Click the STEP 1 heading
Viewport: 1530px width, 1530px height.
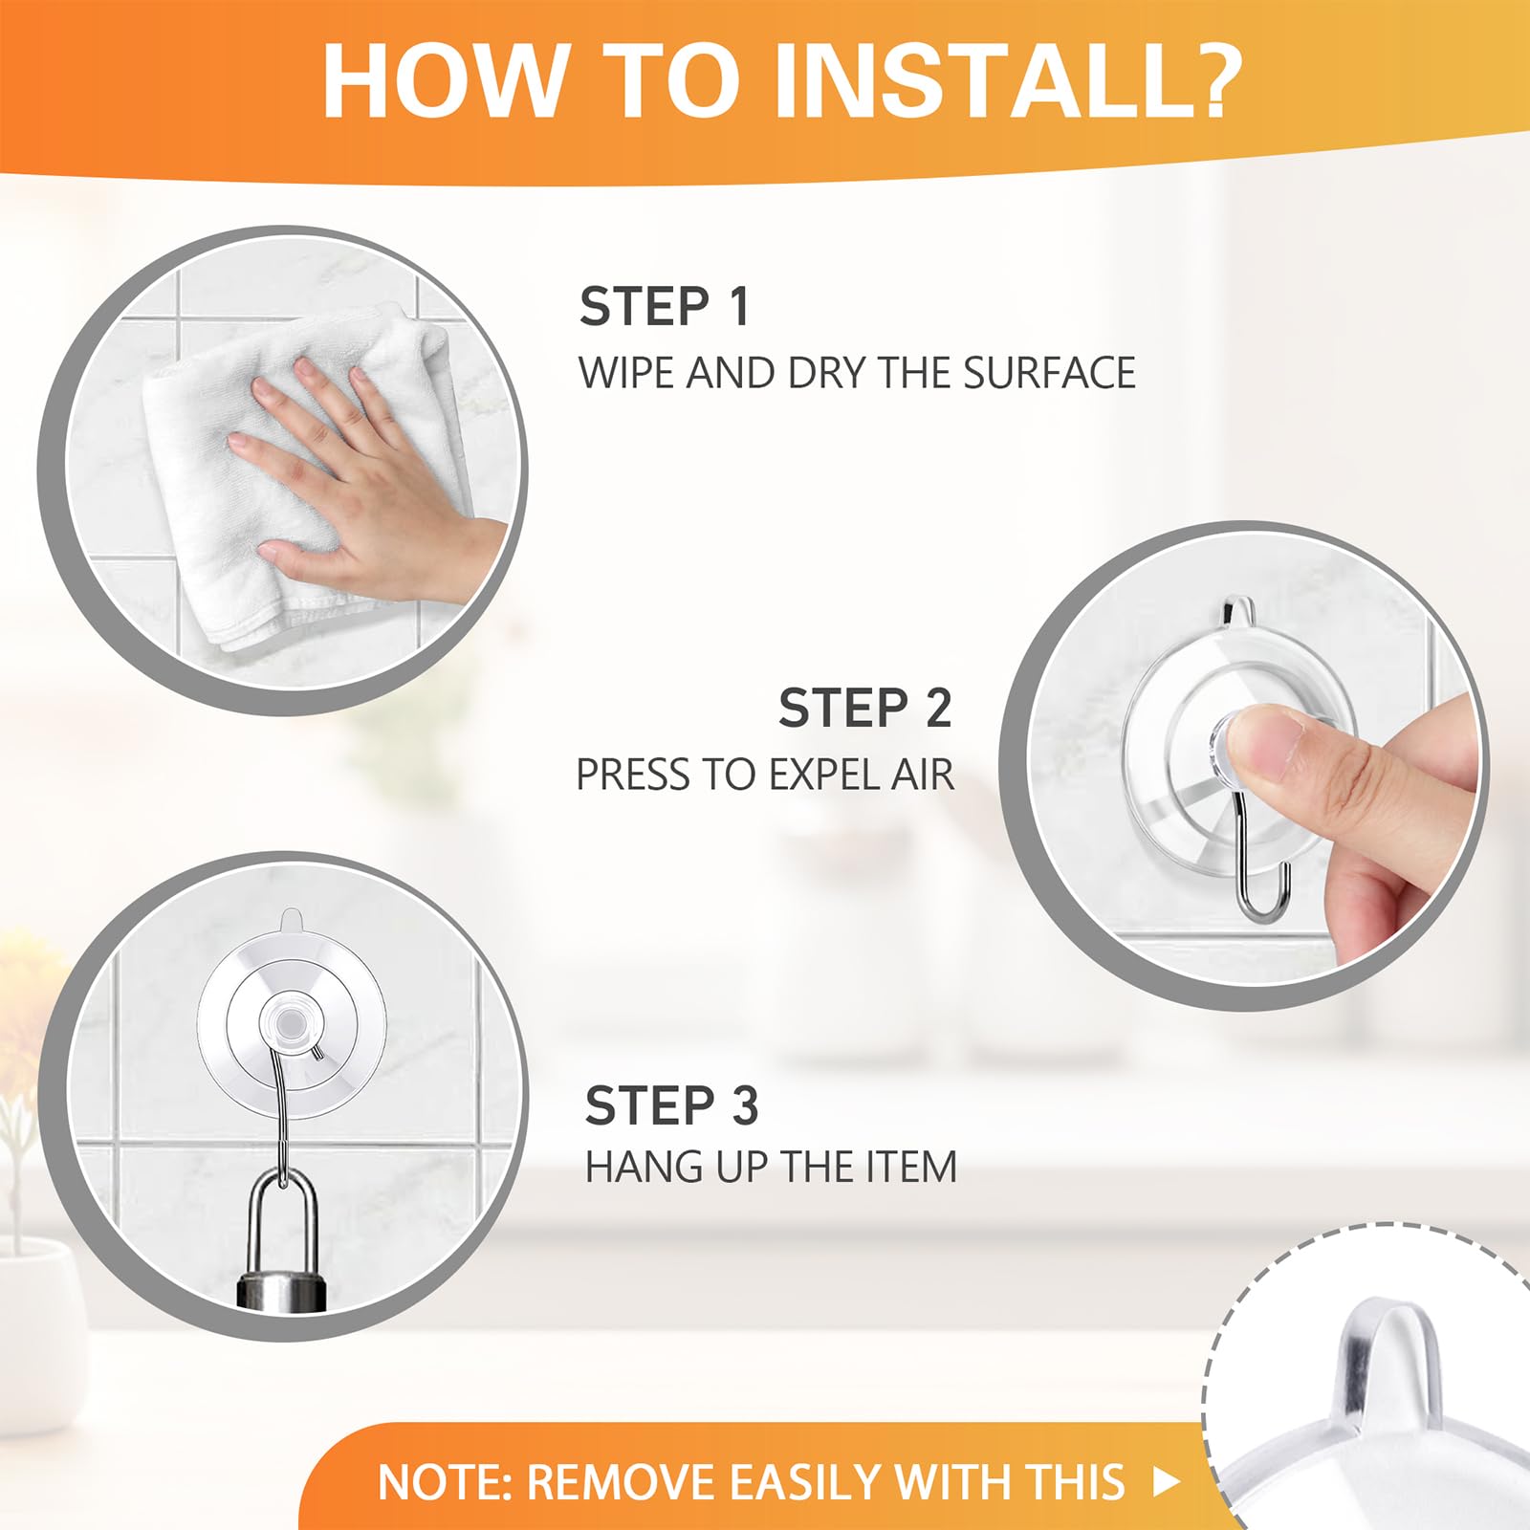pyautogui.click(x=665, y=307)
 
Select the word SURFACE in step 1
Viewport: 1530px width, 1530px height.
pyautogui.click(x=1049, y=373)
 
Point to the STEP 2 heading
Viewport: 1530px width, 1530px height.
pyautogui.click(x=864, y=709)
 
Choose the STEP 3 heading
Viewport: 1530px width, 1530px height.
pyautogui.click(x=671, y=1105)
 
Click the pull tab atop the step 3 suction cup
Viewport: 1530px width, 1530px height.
pyautogui.click(x=292, y=922)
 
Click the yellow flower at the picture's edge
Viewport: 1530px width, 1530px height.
pyautogui.click(x=19, y=966)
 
